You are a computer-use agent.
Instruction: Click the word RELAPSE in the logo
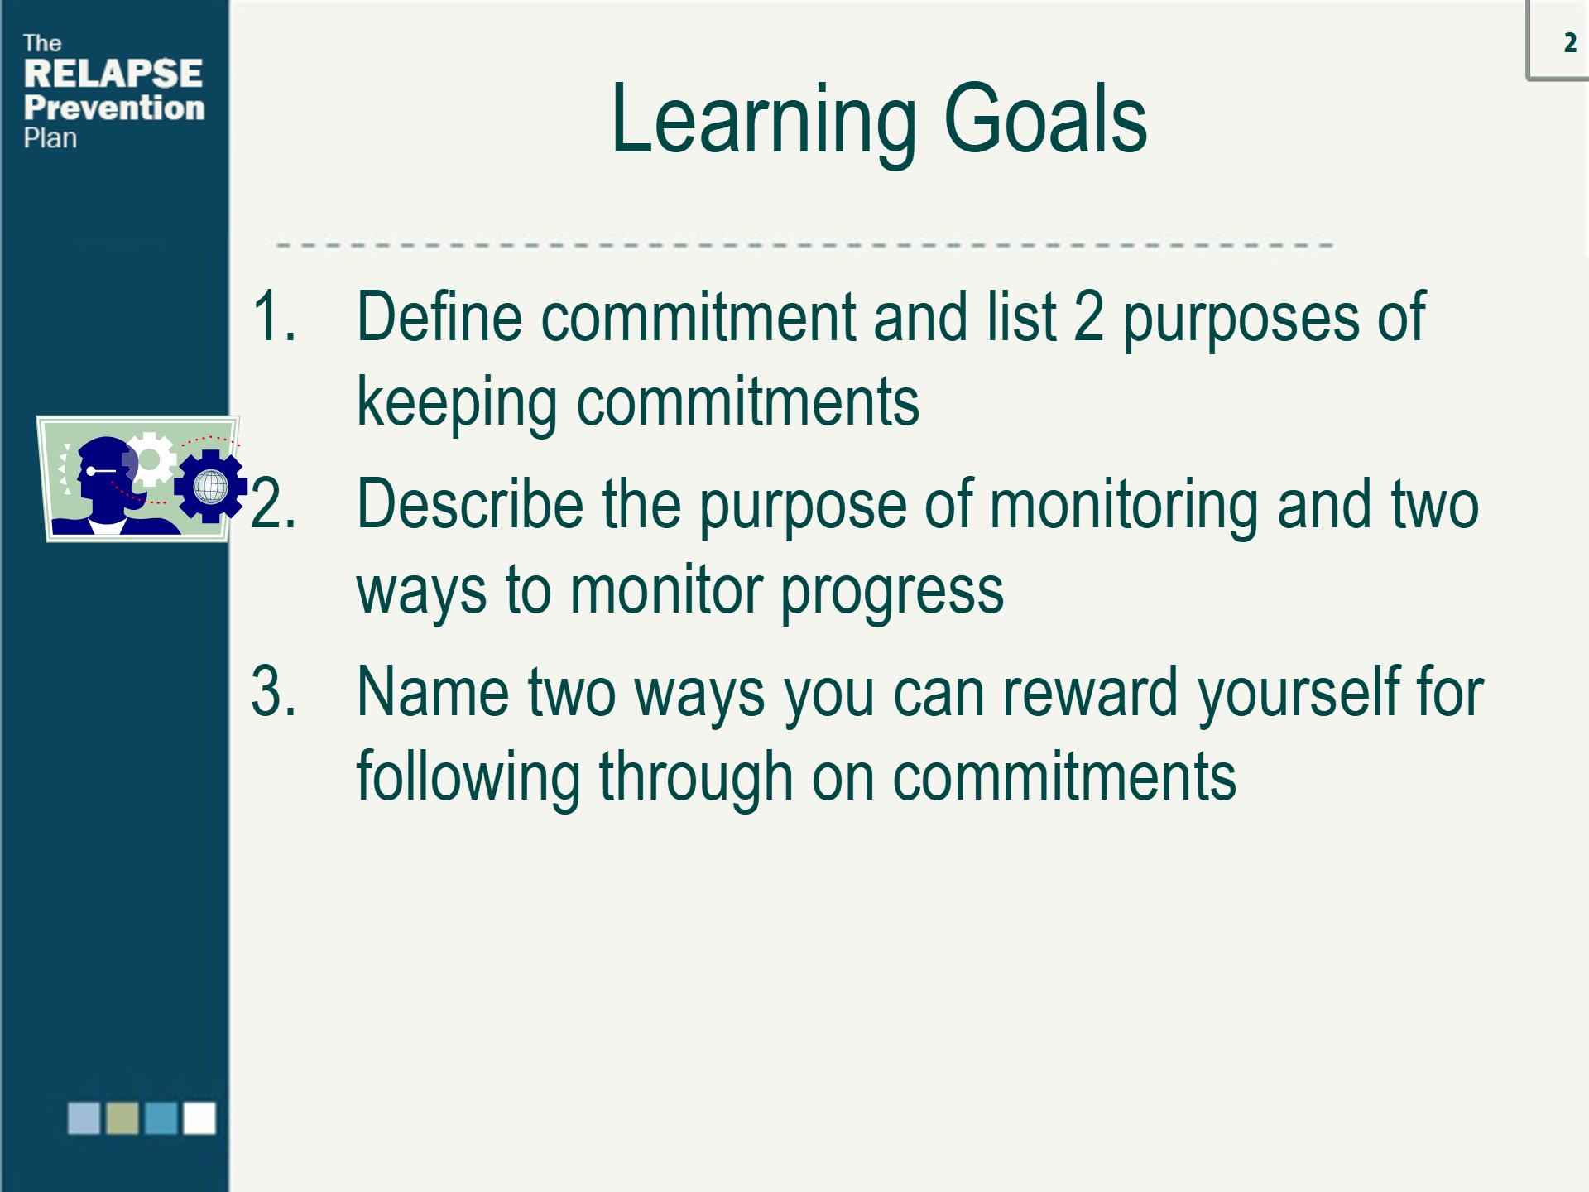[x=113, y=73]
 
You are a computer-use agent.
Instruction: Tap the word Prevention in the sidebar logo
[x=114, y=108]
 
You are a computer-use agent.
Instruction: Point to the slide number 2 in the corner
[x=1570, y=43]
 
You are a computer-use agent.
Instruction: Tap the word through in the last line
[x=696, y=779]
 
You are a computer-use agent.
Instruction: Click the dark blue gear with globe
[x=210, y=486]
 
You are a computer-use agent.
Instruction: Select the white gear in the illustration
[x=150, y=459]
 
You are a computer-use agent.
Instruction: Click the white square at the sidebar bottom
[x=199, y=1117]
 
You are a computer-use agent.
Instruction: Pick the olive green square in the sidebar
[x=122, y=1117]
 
